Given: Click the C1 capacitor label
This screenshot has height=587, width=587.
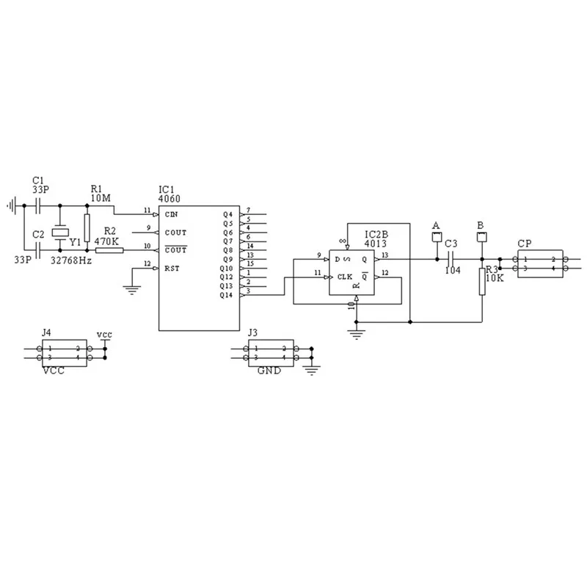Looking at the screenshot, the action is pos(39,180).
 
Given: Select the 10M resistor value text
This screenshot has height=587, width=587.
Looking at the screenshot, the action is pos(101,198).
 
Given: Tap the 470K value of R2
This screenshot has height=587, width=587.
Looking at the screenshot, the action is pos(109,240).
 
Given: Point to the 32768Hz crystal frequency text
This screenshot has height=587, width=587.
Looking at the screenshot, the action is pos(71,260).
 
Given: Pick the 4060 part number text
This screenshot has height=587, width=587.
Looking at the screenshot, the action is pos(169,199).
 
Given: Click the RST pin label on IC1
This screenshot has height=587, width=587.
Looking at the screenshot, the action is pos(172,268).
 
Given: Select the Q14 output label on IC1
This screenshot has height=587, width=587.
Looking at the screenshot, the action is pos(227,294).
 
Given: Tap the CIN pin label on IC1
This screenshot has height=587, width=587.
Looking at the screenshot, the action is pos(172,214).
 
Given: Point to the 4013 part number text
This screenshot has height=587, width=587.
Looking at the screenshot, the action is pos(376,244).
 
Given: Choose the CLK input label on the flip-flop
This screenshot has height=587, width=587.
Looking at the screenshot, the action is pos(345,277).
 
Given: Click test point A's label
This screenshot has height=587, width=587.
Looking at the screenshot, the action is pos(436,225).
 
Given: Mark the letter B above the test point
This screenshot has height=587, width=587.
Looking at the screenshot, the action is pos(481,225).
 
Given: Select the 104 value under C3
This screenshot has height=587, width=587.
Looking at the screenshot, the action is pos(453,269).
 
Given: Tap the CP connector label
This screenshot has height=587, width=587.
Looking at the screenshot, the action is pos(525,243).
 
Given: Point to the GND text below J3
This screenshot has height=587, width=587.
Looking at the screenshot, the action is pos(269,371).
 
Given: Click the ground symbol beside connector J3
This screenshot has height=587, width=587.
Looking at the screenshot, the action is pos(313,369).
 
